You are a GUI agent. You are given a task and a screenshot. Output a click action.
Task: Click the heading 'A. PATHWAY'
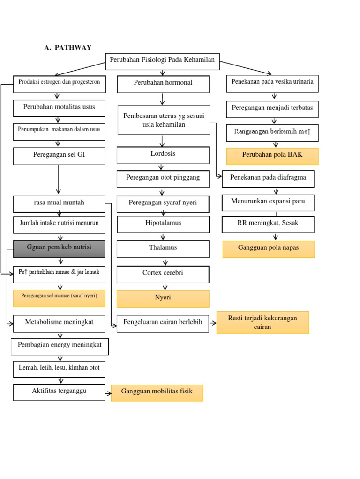[x=67, y=47]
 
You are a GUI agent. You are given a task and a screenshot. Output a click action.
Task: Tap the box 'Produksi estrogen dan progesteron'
[x=59, y=83]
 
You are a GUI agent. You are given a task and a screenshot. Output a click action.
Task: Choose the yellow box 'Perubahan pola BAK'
[x=272, y=156]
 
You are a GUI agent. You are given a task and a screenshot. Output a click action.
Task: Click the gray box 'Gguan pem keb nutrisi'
[x=59, y=248]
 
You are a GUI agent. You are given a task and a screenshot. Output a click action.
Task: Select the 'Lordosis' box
[x=163, y=155]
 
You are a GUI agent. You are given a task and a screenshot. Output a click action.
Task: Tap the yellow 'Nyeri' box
[x=163, y=298]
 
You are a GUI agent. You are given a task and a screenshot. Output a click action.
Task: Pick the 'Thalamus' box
[x=163, y=249]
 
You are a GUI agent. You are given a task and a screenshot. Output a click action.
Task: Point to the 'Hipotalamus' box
[x=163, y=224]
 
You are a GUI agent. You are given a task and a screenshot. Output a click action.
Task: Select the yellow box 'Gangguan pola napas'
[x=269, y=249]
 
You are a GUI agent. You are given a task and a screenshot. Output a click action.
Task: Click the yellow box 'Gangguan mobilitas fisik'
[x=157, y=393]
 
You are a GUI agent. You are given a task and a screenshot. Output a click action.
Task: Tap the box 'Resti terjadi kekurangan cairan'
[x=262, y=322]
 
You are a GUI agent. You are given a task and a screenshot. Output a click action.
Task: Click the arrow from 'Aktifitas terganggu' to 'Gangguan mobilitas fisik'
[x=108, y=393]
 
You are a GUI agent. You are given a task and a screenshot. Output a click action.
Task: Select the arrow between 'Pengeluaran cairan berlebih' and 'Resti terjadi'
[x=213, y=323]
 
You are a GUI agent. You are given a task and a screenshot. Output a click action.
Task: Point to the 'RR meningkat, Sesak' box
[x=268, y=224]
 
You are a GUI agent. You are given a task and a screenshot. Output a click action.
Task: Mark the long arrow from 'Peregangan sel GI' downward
[x=59, y=180]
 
